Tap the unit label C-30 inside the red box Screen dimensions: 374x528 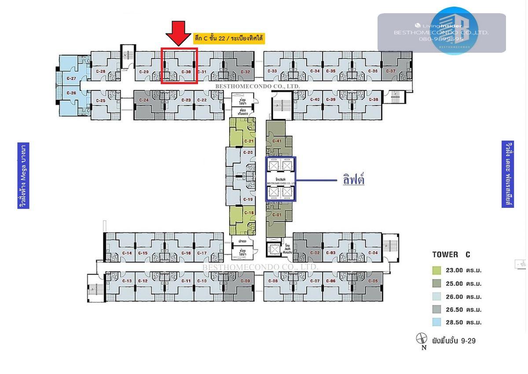click(186, 72)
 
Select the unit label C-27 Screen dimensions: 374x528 click(71, 79)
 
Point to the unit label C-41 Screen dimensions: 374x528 click(276, 141)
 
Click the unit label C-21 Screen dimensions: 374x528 click(249, 141)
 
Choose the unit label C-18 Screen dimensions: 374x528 click(249, 213)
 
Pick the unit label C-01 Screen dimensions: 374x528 click(276, 214)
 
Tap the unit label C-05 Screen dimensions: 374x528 click(372, 281)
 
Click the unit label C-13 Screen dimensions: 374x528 click(127, 281)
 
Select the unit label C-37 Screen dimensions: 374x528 click(390, 71)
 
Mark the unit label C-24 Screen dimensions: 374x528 click(143, 100)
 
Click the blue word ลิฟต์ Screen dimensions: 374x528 click(353, 180)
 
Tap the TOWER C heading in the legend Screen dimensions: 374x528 click(451, 254)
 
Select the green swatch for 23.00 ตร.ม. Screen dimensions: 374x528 click(436, 270)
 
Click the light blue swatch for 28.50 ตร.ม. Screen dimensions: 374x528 click(436, 322)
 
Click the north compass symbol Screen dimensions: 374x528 click(422, 338)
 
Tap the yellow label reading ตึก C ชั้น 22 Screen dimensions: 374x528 click(229, 39)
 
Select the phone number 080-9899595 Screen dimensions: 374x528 click(441, 39)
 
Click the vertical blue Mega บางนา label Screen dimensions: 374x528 click(24, 175)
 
